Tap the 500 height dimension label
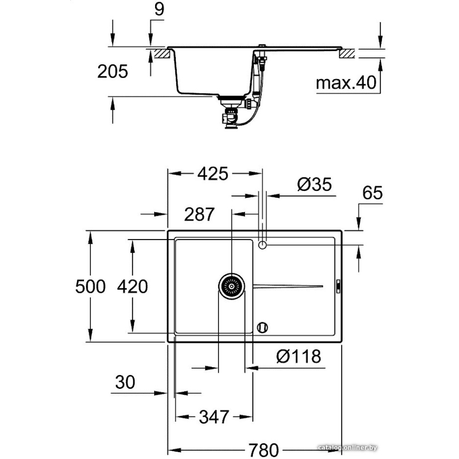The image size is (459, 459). pos(91,286)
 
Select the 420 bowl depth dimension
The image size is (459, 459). pos(132,286)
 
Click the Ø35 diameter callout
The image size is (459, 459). pos(314,185)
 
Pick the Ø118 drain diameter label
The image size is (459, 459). pos(299,356)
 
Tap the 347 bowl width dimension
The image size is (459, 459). pos(213,417)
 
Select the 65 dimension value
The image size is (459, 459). pos(372,193)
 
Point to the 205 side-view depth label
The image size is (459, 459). pos(112,72)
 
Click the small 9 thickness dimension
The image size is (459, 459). pos(158,10)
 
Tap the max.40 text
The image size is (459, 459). pos(346,83)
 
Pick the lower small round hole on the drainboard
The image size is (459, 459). pos(263,327)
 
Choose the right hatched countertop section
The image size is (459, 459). pos(347,54)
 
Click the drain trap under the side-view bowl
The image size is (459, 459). pos(229,115)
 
